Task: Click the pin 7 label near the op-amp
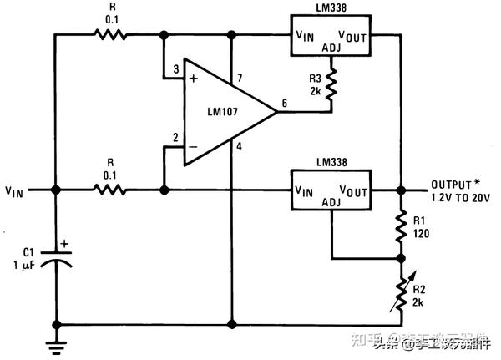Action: (239, 78)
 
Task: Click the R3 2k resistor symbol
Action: (331, 85)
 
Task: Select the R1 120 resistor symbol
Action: (402, 224)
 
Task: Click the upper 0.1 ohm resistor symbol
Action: (109, 35)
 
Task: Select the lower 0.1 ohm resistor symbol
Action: (109, 190)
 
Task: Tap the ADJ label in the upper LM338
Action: (331, 48)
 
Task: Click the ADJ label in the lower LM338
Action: (331, 202)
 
